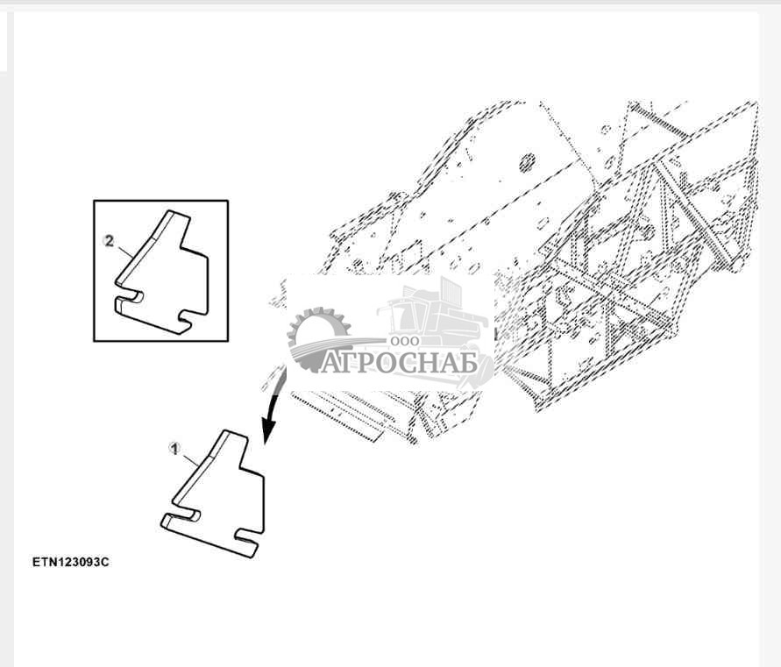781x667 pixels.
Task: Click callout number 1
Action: (x=174, y=449)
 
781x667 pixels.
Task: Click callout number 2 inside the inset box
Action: (x=109, y=241)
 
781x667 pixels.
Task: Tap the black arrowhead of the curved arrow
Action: (x=268, y=430)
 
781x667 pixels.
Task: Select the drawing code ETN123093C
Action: (x=71, y=562)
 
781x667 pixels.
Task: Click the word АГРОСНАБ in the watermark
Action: (x=399, y=362)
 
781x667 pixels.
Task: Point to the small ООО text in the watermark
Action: (x=404, y=342)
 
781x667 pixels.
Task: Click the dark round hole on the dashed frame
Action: (x=527, y=162)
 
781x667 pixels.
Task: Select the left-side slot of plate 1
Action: (x=184, y=515)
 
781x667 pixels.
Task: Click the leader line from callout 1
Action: (x=189, y=458)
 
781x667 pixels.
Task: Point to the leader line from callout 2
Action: (x=124, y=251)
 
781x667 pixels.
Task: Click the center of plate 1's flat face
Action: (x=224, y=498)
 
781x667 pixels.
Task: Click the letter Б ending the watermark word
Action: (x=469, y=363)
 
